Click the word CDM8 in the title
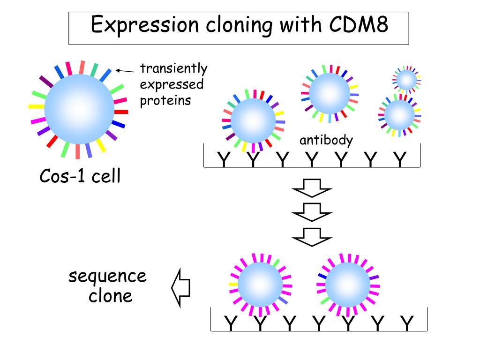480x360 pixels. coord(359,24)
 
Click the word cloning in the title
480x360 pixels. coord(239,26)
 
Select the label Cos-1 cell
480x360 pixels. coord(80,176)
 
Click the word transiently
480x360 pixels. coord(173,68)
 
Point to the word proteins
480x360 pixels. coord(165,100)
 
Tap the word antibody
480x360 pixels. coord(326,140)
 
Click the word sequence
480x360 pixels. coord(107,277)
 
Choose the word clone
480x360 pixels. coord(111,296)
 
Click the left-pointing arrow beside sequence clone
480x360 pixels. coord(180,288)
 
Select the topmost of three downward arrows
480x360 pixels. coord(312,188)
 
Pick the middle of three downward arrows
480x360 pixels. coord(312,212)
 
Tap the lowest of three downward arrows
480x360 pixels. coord(312,237)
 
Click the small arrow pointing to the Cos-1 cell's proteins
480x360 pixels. coord(125,71)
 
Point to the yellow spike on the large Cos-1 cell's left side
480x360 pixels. coord(37,106)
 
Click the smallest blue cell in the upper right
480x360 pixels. coord(406,80)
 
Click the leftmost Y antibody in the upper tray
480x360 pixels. coord(224,159)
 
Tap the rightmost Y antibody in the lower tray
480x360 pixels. coord(407,323)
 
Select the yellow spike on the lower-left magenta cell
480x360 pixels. coord(233,285)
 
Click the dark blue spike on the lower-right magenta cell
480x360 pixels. coord(322,276)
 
